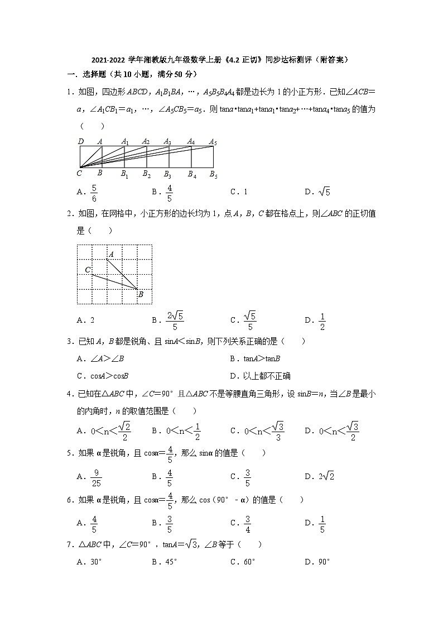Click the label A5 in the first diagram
pyautogui.click(x=213, y=142)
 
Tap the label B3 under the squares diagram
pyautogui.click(x=168, y=174)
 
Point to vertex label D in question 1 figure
pyautogui.click(x=81, y=142)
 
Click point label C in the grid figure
pyautogui.click(x=88, y=270)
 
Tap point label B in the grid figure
pyautogui.click(x=141, y=294)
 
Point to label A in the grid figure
pyautogui.click(x=111, y=255)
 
